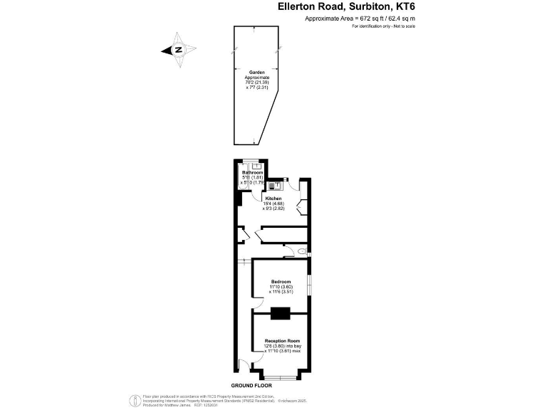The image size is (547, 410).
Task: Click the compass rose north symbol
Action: click(178, 51)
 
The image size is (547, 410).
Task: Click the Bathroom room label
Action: click(253, 173)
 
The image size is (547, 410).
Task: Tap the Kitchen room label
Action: click(273, 198)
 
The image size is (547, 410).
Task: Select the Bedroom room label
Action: click(281, 282)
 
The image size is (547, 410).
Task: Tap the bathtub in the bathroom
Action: click(241, 178)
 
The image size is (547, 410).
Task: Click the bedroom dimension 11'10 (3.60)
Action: click(281, 287)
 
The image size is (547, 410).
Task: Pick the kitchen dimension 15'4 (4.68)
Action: click(274, 204)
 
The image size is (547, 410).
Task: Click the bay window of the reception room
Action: click(280, 375)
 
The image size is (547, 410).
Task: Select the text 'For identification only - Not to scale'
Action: click(382, 26)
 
